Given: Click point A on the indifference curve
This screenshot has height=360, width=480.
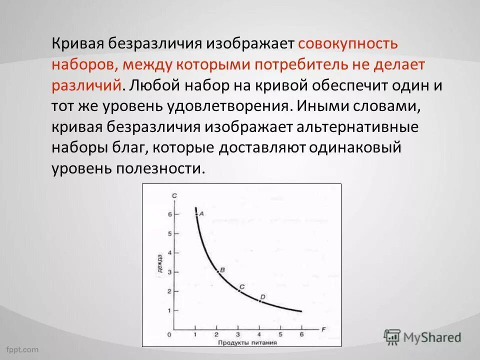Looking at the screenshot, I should (x=196, y=214).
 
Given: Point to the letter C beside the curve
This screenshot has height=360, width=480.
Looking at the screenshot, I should (x=242, y=286).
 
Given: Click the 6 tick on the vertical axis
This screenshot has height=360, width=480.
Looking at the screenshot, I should (x=170, y=214).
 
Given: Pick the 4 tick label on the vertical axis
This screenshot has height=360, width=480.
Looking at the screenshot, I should (x=170, y=252).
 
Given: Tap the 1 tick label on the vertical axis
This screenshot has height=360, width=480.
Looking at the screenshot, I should (x=170, y=310).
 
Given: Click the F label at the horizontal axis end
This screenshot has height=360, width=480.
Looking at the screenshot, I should (x=323, y=329).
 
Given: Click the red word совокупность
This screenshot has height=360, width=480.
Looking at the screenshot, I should (x=348, y=43).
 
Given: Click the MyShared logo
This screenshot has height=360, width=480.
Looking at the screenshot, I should (x=423, y=337).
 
